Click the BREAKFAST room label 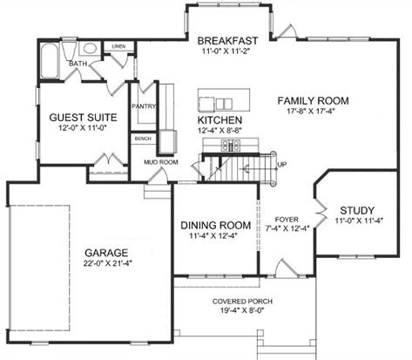[227, 41]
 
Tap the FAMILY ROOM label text [313, 101]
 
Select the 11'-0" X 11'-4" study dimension [359, 221]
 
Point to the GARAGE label [106, 253]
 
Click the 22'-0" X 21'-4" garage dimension [107, 263]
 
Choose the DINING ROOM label [216, 225]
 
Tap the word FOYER [287, 220]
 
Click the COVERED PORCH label [242, 302]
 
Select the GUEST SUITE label [83, 118]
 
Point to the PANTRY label [144, 106]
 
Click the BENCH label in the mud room [143, 139]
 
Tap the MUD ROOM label [161, 162]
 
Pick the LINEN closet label [118, 46]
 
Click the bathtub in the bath [50, 61]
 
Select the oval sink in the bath [91, 49]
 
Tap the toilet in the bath [69, 51]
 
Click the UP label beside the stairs [282, 165]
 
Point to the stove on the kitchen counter [231, 145]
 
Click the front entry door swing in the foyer [285, 268]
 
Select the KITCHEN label [220, 120]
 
